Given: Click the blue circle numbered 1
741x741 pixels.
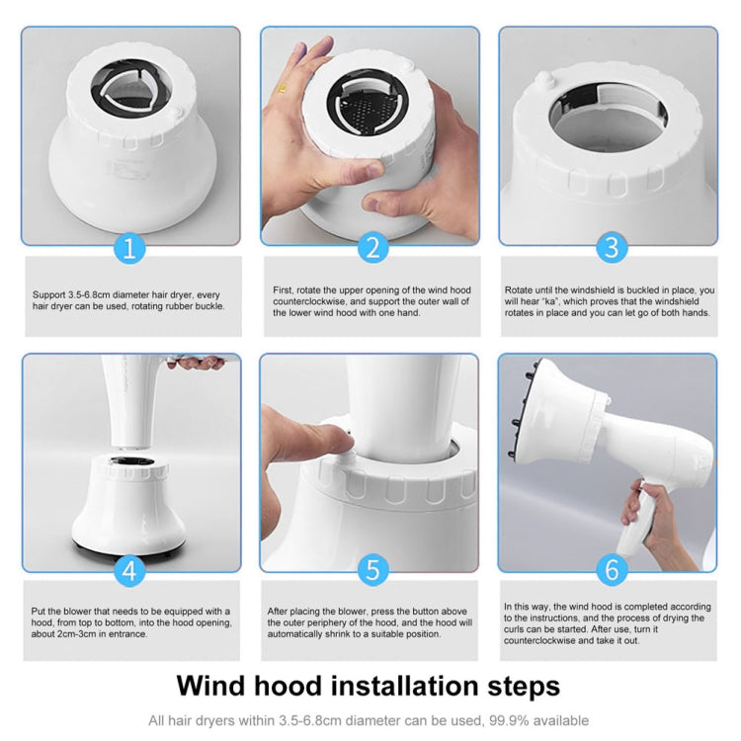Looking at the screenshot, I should pyautogui.click(x=131, y=247).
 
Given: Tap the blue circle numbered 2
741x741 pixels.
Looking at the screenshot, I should pyautogui.click(x=370, y=247).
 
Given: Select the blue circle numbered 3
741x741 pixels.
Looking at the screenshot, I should pyautogui.click(x=610, y=247).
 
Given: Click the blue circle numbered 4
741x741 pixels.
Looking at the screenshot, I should pyautogui.click(x=131, y=572).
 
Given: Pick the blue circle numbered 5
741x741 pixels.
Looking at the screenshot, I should pyautogui.click(x=370, y=572).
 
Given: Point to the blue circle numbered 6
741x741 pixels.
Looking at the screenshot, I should pyautogui.click(x=610, y=572).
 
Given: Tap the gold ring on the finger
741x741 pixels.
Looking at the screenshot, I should pyautogui.click(x=281, y=88).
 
